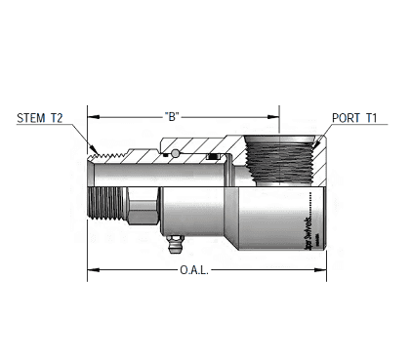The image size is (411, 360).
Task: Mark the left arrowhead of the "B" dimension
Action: point(92,114)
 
